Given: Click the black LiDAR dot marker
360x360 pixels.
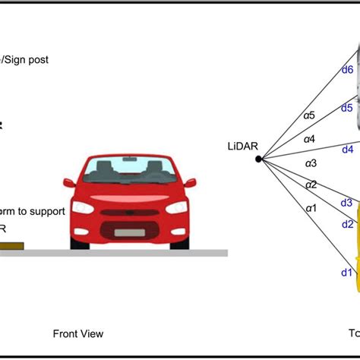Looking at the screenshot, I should (259, 159).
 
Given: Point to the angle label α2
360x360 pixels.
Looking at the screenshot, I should (311, 185).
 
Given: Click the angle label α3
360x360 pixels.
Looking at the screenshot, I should (311, 163).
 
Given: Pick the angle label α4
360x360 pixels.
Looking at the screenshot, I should (310, 139).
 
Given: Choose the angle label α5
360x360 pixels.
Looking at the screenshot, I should (309, 116).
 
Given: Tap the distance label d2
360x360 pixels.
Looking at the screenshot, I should (348, 224).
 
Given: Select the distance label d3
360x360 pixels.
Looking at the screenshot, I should (346, 203).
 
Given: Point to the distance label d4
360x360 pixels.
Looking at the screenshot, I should (348, 150).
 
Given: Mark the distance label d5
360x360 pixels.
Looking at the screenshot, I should (347, 108).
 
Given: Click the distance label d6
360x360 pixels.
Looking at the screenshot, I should (347, 70).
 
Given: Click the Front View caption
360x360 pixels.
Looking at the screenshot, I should (77, 333).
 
